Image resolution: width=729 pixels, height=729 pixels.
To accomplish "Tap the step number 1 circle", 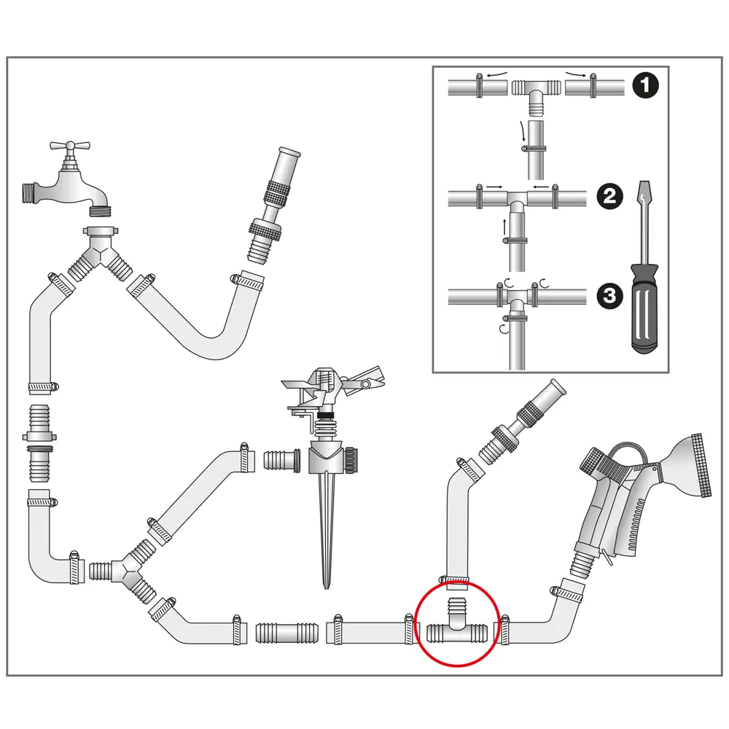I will [645, 86].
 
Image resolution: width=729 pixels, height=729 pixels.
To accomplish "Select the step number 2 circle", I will [609, 195].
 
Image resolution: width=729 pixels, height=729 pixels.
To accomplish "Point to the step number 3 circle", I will [609, 295].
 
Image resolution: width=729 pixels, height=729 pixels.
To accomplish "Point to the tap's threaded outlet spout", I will [98, 211].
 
